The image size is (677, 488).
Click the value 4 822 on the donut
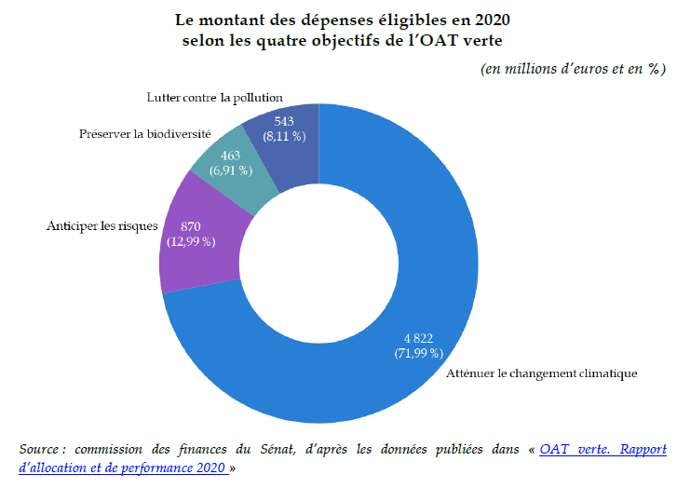click(x=417, y=338)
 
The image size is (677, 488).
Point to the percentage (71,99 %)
click(x=417, y=353)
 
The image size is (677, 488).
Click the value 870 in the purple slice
click(x=192, y=226)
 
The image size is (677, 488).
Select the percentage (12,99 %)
click(x=192, y=241)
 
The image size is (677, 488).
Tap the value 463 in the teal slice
click(x=232, y=156)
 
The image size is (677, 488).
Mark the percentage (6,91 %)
click(x=232, y=170)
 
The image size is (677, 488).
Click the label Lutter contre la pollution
click(x=214, y=97)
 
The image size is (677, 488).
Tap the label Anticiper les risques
click(x=102, y=226)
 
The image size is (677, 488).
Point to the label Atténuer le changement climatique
click(x=541, y=373)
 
